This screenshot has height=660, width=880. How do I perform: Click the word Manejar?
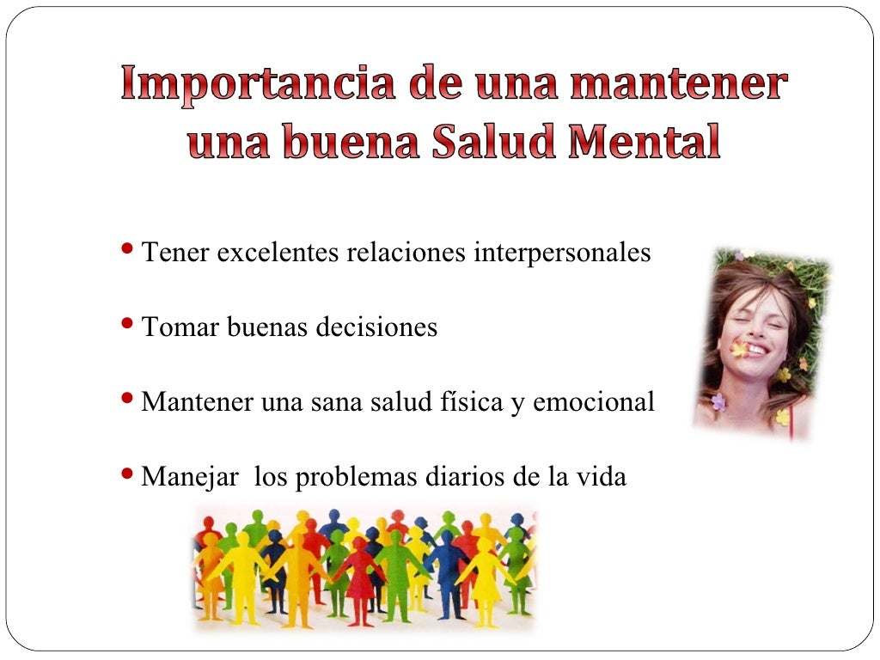click(189, 477)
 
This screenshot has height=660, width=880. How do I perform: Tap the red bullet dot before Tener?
click(128, 250)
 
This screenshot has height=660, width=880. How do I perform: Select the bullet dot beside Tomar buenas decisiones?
click(128, 324)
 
